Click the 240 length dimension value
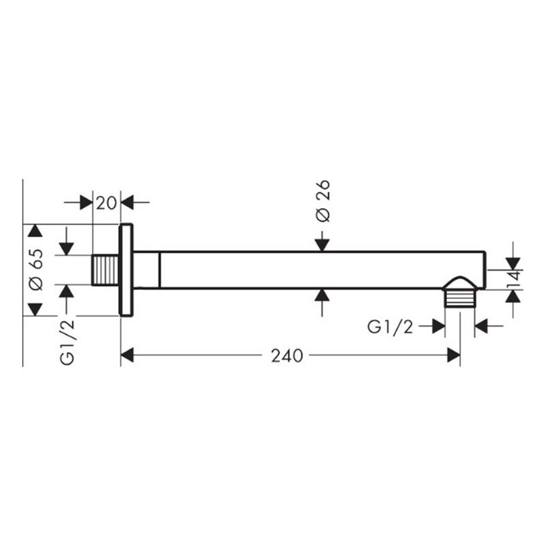pos(287,356)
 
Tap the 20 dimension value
pos(106,203)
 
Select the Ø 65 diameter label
pos(36,269)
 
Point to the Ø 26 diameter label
pos(323,201)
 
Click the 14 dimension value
pos(515,279)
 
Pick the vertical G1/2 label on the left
pos(67,343)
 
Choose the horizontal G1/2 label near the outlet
pos(390,327)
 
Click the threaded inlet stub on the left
pos(106,270)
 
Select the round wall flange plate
pos(126,270)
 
